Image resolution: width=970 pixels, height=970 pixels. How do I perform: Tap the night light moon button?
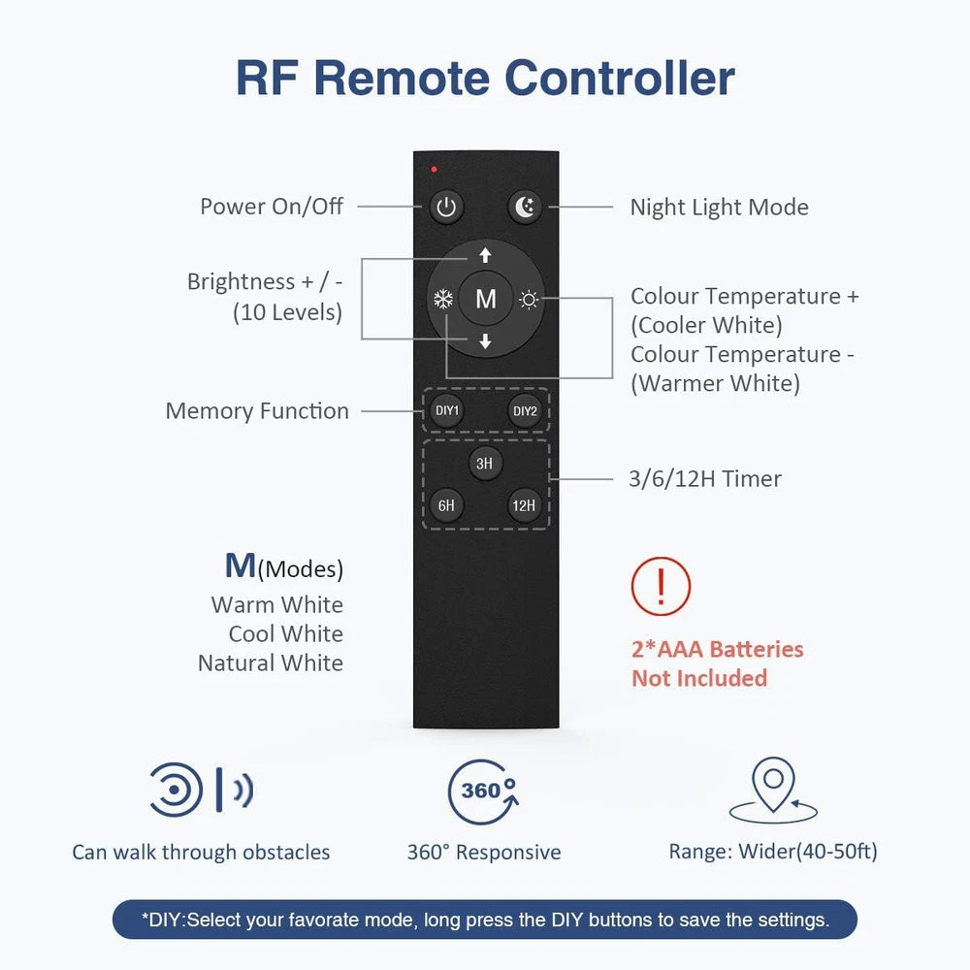(x=525, y=207)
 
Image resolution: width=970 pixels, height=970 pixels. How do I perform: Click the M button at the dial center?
(x=485, y=299)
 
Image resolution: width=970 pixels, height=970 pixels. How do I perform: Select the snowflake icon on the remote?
(x=443, y=299)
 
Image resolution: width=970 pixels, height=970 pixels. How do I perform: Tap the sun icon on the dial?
(x=528, y=299)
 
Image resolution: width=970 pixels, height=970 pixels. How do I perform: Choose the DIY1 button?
(x=446, y=411)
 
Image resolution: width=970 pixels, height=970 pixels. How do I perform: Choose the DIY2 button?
(x=525, y=411)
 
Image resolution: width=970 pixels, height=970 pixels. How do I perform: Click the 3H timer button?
(x=484, y=464)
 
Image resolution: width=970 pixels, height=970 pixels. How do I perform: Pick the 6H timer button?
(x=446, y=505)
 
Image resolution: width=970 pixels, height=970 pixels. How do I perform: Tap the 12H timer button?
(x=524, y=505)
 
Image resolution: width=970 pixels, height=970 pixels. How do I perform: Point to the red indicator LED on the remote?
(x=435, y=170)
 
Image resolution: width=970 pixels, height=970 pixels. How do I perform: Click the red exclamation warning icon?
(x=661, y=586)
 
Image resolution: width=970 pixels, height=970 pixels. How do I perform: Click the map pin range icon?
(x=774, y=791)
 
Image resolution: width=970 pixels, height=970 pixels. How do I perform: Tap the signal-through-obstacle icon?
(x=201, y=791)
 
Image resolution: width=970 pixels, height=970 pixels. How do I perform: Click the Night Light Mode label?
(x=719, y=207)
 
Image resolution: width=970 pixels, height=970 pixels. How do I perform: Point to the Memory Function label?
(x=257, y=411)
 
